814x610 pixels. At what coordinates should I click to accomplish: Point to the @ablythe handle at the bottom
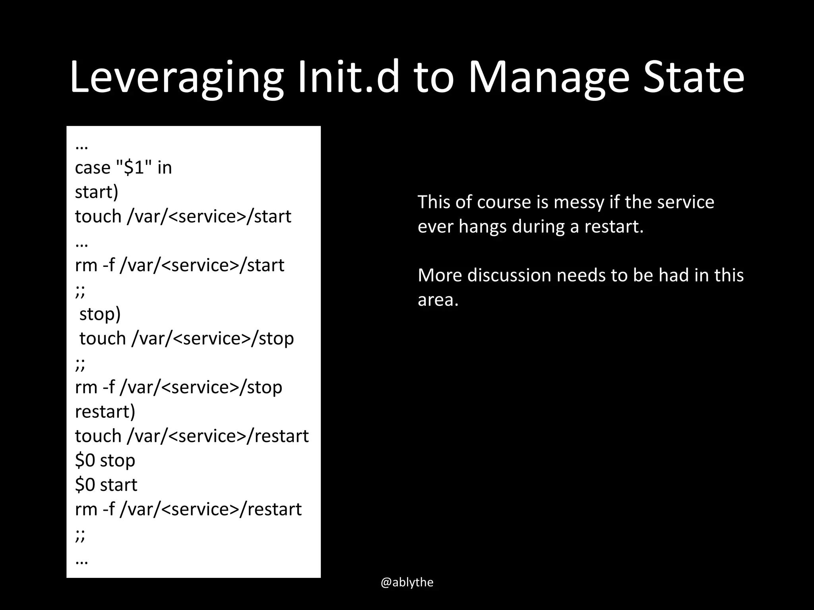click(x=407, y=582)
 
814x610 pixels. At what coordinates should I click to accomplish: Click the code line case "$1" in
click(x=123, y=168)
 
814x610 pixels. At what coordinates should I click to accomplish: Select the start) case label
click(x=97, y=192)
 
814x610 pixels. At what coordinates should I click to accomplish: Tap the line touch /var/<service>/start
click(x=183, y=216)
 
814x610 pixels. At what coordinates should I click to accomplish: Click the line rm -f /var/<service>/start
click(x=179, y=265)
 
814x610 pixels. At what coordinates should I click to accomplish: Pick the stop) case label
click(x=100, y=314)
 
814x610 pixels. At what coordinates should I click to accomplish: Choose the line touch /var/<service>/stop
click(x=186, y=339)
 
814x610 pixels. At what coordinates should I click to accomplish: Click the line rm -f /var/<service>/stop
click(x=178, y=387)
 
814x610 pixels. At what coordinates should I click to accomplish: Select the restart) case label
click(x=105, y=412)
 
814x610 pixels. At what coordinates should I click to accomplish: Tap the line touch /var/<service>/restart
click(x=192, y=436)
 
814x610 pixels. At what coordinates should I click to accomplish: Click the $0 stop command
click(x=105, y=461)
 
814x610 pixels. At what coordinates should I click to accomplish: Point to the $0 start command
click(x=106, y=485)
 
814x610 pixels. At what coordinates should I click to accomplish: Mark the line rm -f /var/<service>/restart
click(x=188, y=510)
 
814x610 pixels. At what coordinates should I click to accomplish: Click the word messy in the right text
click(x=579, y=203)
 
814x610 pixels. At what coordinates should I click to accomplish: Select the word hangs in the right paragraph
click(x=483, y=227)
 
